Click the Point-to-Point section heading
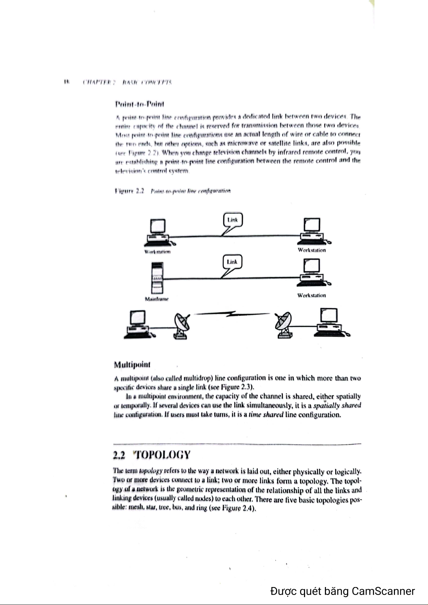139,104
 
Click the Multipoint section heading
132,365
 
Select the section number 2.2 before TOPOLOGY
119,456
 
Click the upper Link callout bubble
233,220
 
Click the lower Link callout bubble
232,262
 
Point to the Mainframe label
157,299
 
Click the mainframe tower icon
157,278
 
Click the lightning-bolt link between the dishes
232,315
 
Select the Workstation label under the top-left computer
157,252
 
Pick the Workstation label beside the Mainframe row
311,295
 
